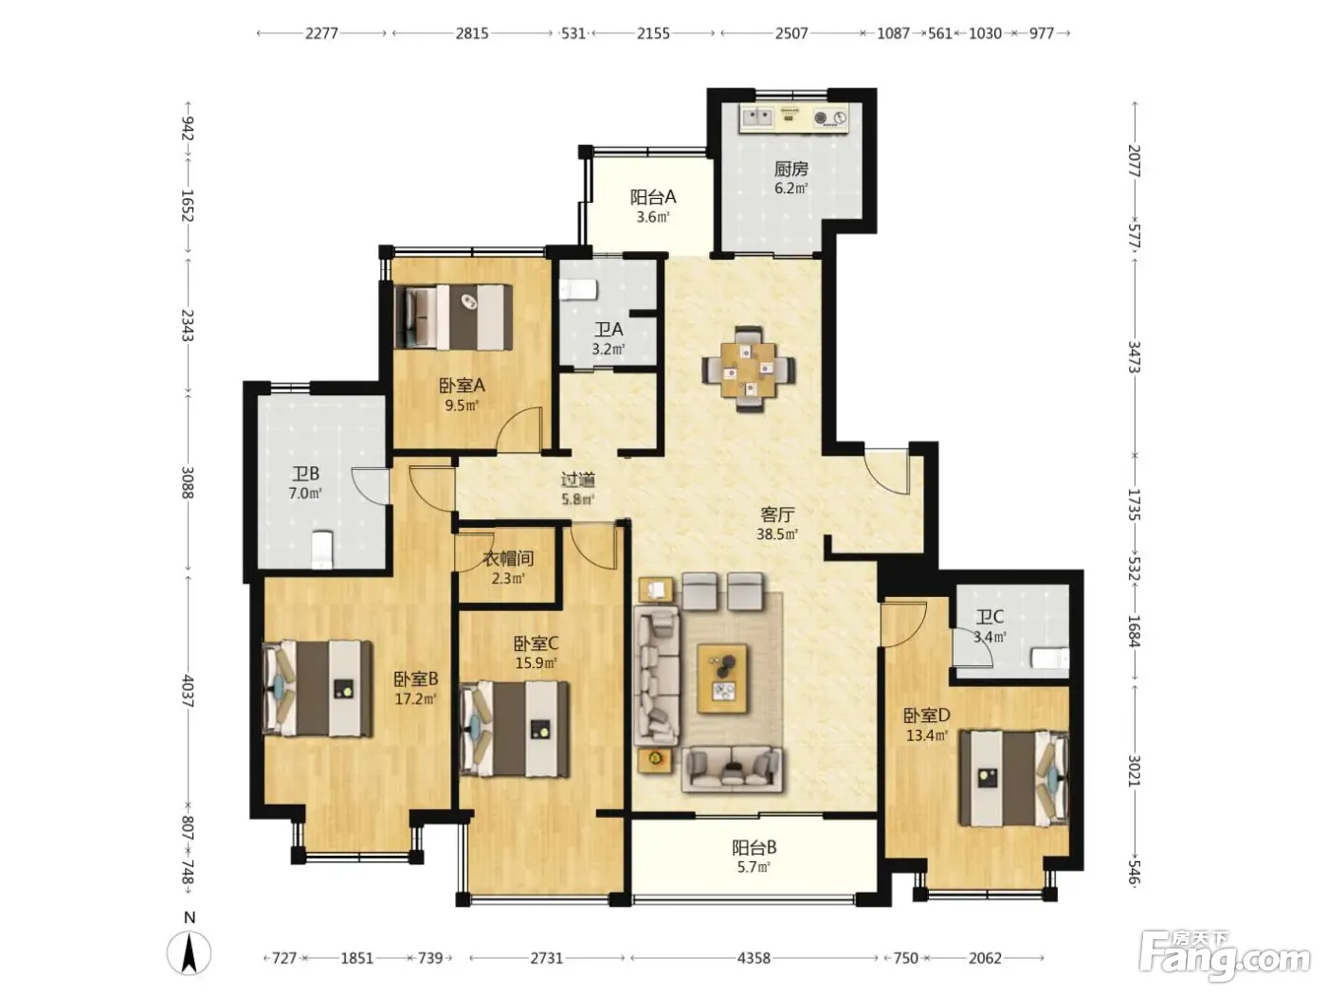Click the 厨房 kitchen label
pyautogui.click(x=791, y=169)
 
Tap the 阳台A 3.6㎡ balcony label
pyautogui.click(x=653, y=206)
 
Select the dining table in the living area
pyautogui.click(x=749, y=370)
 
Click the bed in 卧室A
pyautogui.click(x=453, y=317)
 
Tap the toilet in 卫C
pyautogui.click(x=1049, y=658)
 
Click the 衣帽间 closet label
pyautogui.click(x=508, y=558)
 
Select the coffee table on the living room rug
pyautogui.click(x=722, y=678)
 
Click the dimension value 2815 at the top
pyautogui.click(x=471, y=34)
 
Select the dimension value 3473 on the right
pyautogui.click(x=1133, y=357)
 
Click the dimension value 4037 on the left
pyautogui.click(x=188, y=691)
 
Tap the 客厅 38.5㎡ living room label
pyautogui.click(x=777, y=524)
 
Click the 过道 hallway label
pyautogui.click(x=578, y=479)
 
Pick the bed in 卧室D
pyautogui.click(x=1014, y=778)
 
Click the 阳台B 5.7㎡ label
pyautogui.click(x=754, y=857)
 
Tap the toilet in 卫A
pyautogui.click(x=578, y=290)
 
